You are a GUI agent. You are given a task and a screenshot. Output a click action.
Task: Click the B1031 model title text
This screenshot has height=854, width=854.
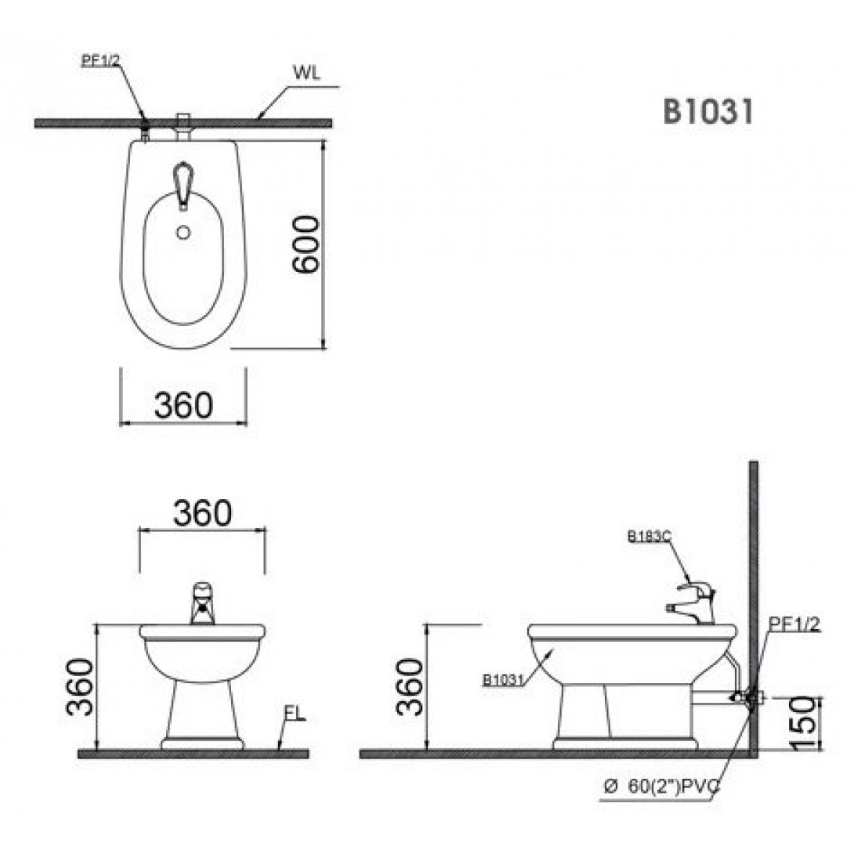(x=707, y=112)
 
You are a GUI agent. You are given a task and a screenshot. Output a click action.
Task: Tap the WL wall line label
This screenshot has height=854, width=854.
(x=306, y=72)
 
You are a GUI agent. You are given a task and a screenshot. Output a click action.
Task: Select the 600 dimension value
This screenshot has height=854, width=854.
(x=305, y=244)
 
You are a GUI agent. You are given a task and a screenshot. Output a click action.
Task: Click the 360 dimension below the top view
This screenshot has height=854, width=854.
(x=183, y=405)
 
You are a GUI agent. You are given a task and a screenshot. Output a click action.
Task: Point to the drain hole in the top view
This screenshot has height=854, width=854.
(x=183, y=233)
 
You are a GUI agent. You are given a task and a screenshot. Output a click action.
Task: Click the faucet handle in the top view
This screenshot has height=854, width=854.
(x=183, y=184)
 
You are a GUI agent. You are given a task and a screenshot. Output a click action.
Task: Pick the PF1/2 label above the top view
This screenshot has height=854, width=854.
(x=100, y=60)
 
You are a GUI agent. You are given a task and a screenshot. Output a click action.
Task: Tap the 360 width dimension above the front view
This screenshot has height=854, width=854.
(x=202, y=512)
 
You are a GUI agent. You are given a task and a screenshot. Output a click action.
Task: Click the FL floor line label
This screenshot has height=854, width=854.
(x=295, y=714)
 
